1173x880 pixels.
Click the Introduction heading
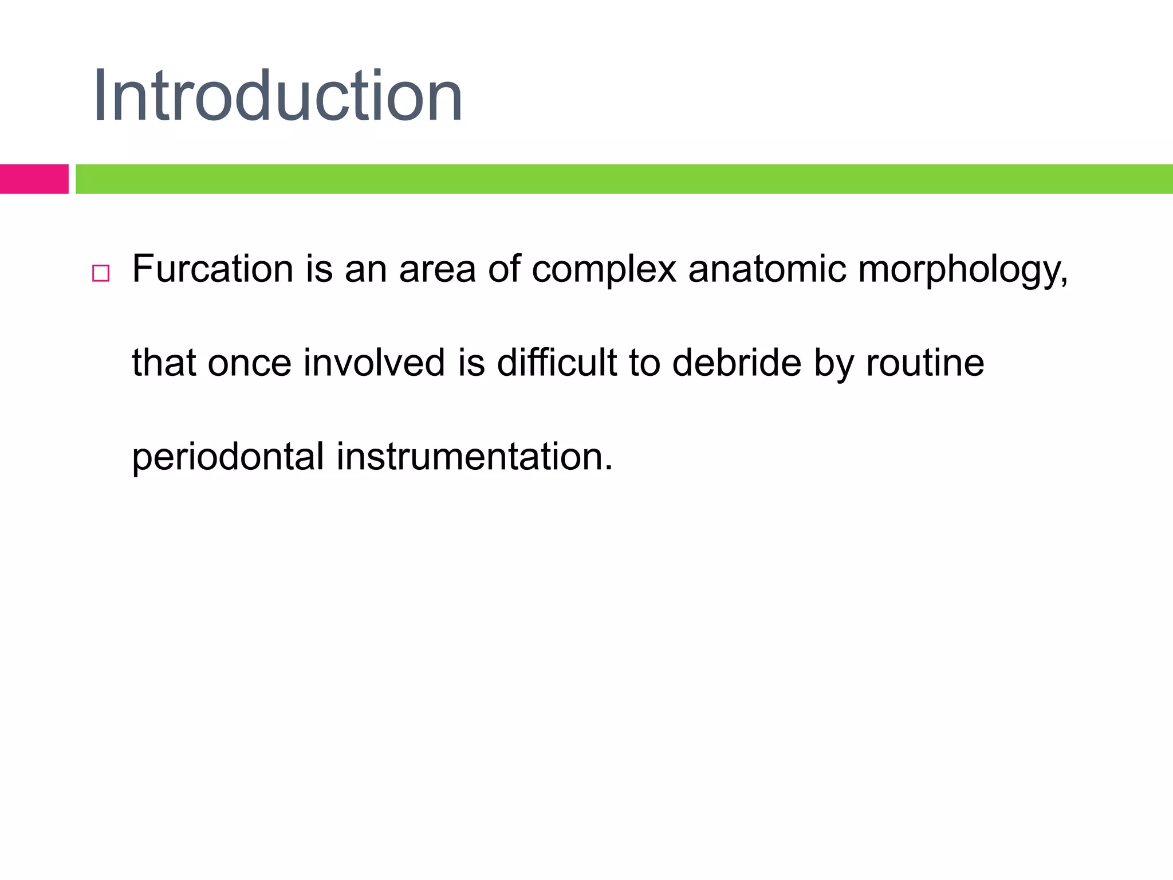[x=278, y=96]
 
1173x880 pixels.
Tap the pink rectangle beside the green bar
[x=34, y=179]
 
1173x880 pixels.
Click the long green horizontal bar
[x=624, y=179]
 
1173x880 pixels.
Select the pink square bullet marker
[x=101, y=273]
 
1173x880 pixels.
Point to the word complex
[x=604, y=269]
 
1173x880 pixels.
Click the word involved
[x=374, y=363]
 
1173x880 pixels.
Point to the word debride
[x=737, y=363]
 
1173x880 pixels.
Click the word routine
[x=924, y=363]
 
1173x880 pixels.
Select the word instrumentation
[x=469, y=457]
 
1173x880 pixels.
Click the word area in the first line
[x=437, y=269]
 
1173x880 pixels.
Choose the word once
[x=249, y=363]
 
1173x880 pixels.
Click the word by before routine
[x=833, y=364]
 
